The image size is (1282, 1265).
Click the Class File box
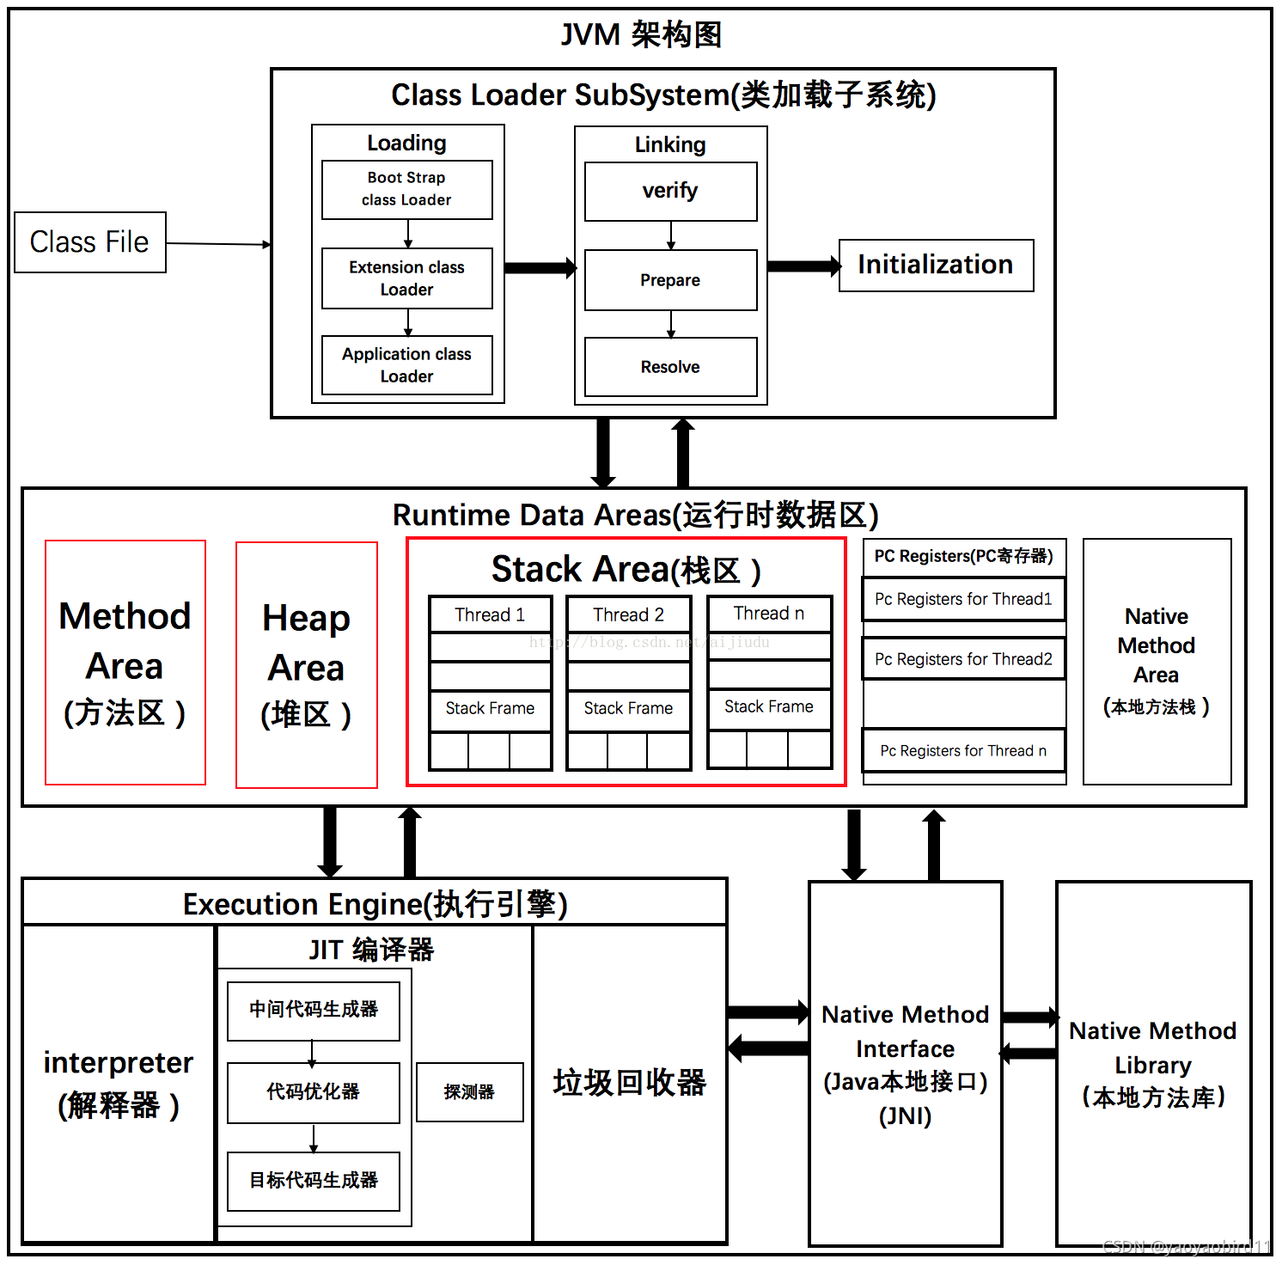click(90, 242)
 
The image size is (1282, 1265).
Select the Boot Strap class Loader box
click(406, 189)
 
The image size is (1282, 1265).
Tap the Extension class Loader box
click(406, 278)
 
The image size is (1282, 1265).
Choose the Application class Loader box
click(406, 365)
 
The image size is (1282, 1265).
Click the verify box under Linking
click(670, 191)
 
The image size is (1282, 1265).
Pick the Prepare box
click(670, 280)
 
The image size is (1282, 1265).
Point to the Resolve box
click(670, 367)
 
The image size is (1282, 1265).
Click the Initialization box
click(936, 266)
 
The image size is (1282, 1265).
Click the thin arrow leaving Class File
click(218, 244)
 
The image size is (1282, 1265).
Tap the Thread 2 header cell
click(628, 615)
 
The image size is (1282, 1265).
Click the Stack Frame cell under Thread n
click(769, 707)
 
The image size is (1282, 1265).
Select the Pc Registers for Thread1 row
click(963, 599)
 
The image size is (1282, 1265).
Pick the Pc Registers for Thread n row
click(963, 751)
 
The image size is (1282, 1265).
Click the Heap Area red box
click(307, 664)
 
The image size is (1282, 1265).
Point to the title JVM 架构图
click(641, 35)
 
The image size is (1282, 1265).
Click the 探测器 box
click(469, 1092)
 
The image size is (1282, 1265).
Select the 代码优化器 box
click(314, 1092)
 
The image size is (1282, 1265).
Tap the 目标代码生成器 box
click(314, 1181)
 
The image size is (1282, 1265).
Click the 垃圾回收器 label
click(629, 1083)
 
